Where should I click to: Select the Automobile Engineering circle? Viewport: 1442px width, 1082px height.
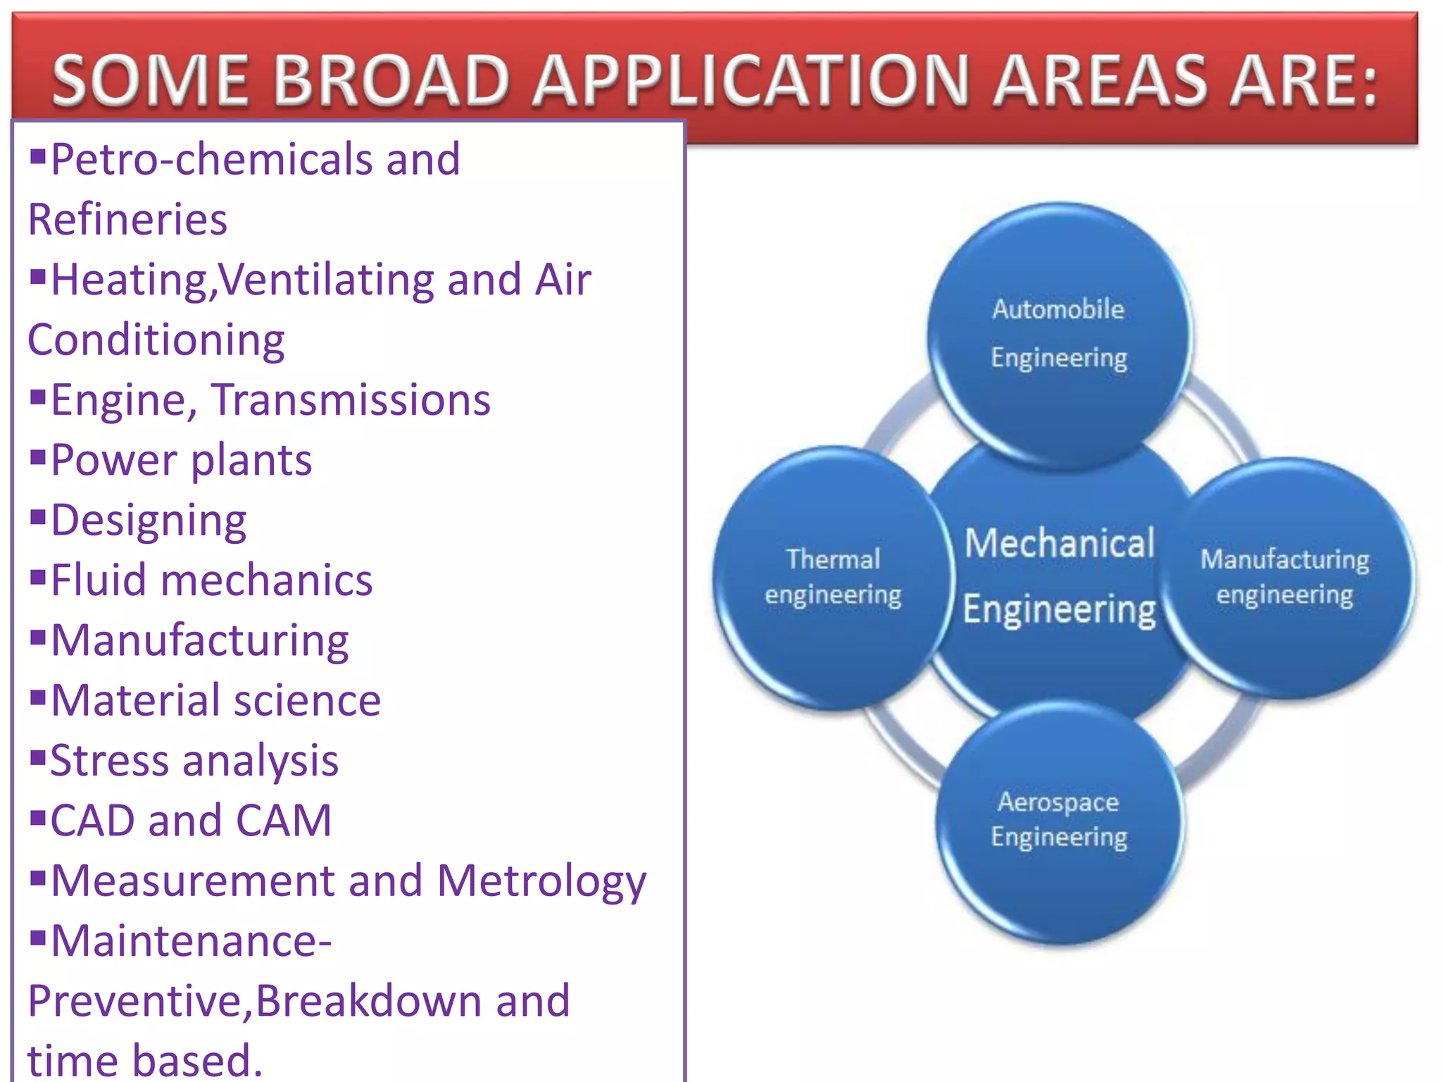tap(1059, 334)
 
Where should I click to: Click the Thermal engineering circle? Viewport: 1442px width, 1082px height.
tap(832, 577)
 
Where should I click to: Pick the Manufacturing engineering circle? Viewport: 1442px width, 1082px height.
tap(1286, 577)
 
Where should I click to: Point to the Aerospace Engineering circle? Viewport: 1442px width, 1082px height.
tap(1059, 820)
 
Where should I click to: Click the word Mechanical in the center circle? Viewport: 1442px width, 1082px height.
tap(1059, 544)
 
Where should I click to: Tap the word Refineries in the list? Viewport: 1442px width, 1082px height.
tap(127, 220)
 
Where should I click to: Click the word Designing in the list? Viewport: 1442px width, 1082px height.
tap(149, 521)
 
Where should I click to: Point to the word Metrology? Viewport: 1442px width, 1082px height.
tap(541, 882)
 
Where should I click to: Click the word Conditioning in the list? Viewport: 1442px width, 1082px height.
tap(156, 340)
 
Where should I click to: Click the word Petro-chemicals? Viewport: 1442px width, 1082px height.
tap(211, 160)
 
